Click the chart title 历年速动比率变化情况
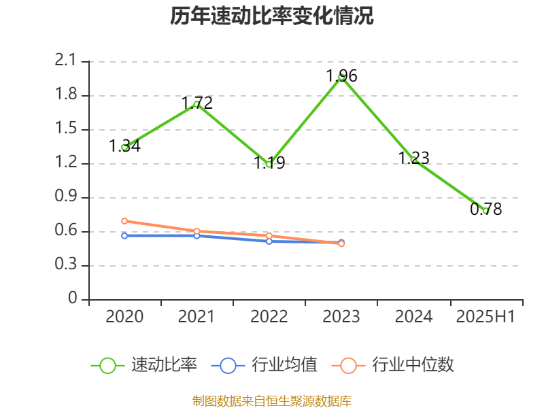pyautogui.click(x=272, y=16)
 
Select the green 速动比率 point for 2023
pyautogui.click(x=341, y=78)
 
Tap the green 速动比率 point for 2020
pyautogui.click(x=124, y=147)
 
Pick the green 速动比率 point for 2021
pyautogui.click(x=197, y=104)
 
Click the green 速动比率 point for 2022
pyautogui.click(x=269, y=164)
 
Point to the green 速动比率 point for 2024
pyautogui.click(x=413, y=160)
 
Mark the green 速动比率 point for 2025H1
pyautogui.click(x=486, y=211)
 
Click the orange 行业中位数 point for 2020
pyautogui.click(x=124, y=221)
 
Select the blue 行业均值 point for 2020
pyautogui.click(x=124, y=235)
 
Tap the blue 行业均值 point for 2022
pyautogui.click(x=269, y=241)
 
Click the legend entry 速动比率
pyautogui.click(x=144, y=365)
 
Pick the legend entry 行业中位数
pyautogui.click(x=393, y=365)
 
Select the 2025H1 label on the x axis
pyautogui.click(x=486, y=317)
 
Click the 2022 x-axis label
pyautogui.click(x=269, y=317)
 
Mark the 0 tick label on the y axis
pyautogui.click(x=73, y=299)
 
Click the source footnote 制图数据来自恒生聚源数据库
pyautogui.click(x=272, y=401)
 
